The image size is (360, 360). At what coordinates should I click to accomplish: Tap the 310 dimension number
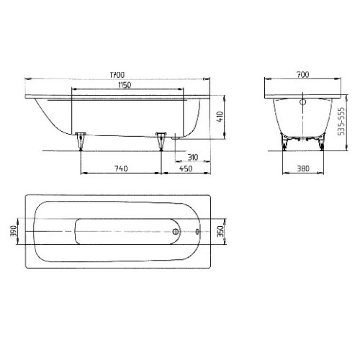click(x=192, y=157)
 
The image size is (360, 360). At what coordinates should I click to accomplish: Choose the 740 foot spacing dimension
click(x=120, y=169)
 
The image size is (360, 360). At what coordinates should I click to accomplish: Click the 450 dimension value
click(x=186, y=169)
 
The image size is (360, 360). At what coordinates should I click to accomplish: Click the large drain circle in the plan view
click(x=175, y=232)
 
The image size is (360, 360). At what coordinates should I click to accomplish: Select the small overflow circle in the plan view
click(x=199, y=232)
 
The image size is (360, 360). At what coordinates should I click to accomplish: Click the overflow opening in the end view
click(x=302, y=103)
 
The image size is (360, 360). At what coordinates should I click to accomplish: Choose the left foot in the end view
click(x=284, y=143)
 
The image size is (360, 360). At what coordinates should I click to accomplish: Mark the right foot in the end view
click(x=319, y=143)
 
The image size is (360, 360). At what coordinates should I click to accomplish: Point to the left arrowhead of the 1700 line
click(x=27, y=79)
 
